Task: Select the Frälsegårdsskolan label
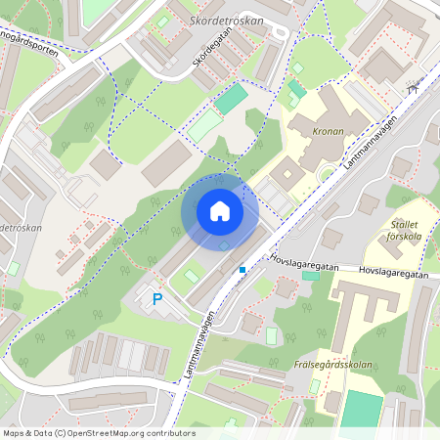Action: (x=333, y=365)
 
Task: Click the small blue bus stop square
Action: (x=242, y=269)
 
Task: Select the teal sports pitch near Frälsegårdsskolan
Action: (x=363, y=410)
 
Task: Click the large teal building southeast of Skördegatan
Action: (x=231, y=98)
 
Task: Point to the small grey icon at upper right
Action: (x=415, y=88)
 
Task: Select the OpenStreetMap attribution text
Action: (x=98, y=433)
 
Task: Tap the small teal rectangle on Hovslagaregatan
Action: (x=311, y=276)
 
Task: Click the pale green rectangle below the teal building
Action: (x=204, y=126)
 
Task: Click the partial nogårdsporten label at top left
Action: (x=29, y=45)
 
